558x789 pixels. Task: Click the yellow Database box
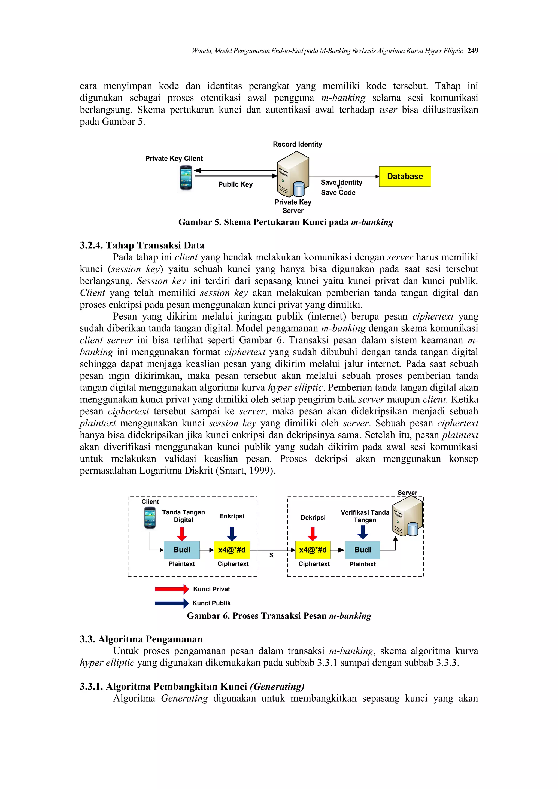pyautogui.click(x=405, y=177)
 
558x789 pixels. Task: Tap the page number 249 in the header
pyautogui.click(x=472, y=51)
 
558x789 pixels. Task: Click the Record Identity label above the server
pyautogui.click(x=297, y=144)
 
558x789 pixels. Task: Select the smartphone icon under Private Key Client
pyautogui.click(x=186, y=178)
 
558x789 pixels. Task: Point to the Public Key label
pyautogui.click(x=235, y=184)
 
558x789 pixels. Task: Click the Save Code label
pyautogui.click(x=338, y=193)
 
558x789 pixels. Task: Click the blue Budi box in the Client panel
pyautogui.click(x=181, y=550)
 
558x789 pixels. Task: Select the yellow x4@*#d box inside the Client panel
pyautogui.click(x=232, y=550)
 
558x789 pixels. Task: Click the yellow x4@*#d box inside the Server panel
pyautogui.click(x=313, y=550)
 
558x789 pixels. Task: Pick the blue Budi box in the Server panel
pyautogui.click(x=362, y=550)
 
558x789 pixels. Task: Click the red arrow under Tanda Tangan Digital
pyautogui.click(x=182, y=534)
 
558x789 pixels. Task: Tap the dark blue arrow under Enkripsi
pyautogui.click(x=232, y=534)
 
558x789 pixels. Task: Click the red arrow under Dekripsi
pyautogui.click(x=313, y=534)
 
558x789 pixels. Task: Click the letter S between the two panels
pyautogui.click(x=271, y=555)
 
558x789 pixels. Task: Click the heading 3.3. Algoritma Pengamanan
pyautogui.click(x=141, y=639)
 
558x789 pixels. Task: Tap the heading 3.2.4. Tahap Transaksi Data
pyautogui.click(x=142, y=245)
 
